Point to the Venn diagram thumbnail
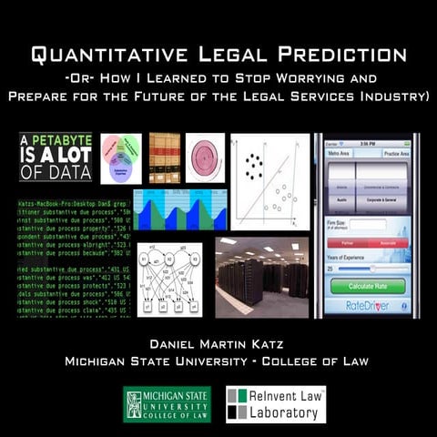point(119,158)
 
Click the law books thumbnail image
point(164,158)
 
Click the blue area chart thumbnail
point(178,210)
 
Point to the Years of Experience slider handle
point(372,269)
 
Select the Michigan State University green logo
point(167,404)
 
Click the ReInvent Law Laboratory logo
point(275,404)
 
